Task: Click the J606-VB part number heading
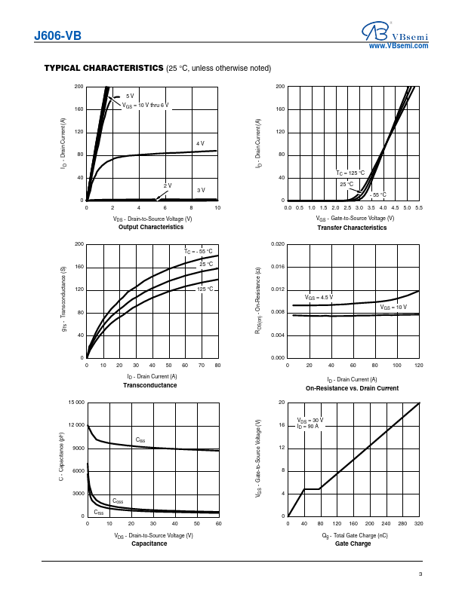pyautogui.click(x=57, y=35)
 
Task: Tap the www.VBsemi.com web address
pyautogui.click(x=399, y=46)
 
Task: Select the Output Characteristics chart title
pyautogui.click(x=151, y=227)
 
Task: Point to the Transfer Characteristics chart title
pyautogui.click(x=352, y=228)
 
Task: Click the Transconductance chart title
pyautogui.click(x=150, y=385)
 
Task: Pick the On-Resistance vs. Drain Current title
pyautogui.click(x=352, y=388)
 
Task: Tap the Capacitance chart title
pyautogui.click(x=149, y=543)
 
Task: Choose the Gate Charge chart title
pyautogui.click(x=353, y=543)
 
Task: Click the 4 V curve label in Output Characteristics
pyautogui.click(x=200, y=143)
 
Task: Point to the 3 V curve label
pyautogui.click(x=201, y=191)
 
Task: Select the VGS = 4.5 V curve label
pyautogui.click(x=319, y=298)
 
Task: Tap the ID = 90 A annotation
pyautogui.click(x=308, y=426)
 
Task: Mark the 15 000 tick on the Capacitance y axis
pyautogui.click(x=75, y=403)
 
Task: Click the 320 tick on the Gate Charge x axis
pyautogui.click(x=418, y=523)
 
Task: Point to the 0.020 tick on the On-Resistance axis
pyautogui.click(x=276, y=244)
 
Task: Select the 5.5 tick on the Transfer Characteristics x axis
pyautogui.click(x=418, y=207)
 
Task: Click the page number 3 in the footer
pyautogui.click(x=420, y=575)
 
